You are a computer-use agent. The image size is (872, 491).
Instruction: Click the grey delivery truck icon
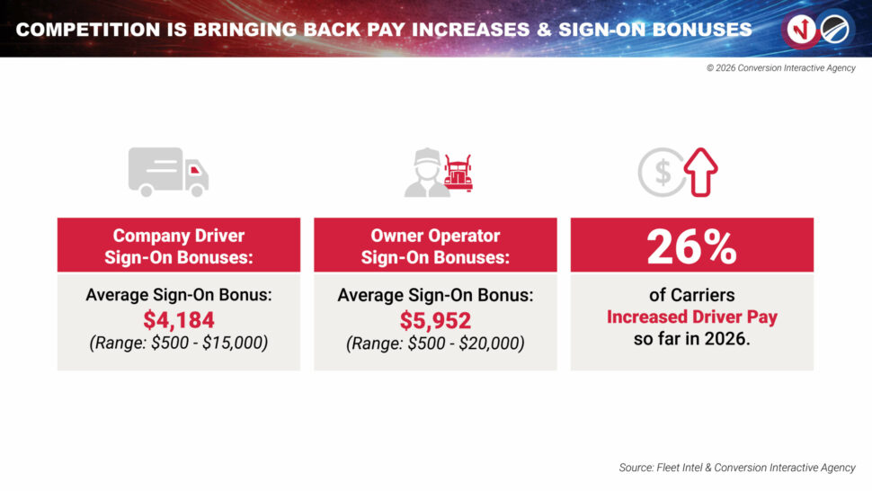click(168, 172)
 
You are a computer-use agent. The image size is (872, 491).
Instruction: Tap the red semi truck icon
click(458, 173)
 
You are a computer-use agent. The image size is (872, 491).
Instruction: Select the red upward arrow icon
click(700, 172)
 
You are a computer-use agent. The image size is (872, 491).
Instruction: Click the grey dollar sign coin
click(662, 172)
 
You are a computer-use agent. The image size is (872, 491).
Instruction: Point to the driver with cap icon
click(426, 173)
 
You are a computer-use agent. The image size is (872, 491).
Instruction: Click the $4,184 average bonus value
click(179, 320)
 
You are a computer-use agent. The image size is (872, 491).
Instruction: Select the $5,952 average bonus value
click(435, 320)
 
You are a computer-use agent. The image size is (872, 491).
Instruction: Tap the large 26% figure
click(692, 247)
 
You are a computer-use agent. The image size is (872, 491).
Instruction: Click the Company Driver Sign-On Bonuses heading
click(179, 246)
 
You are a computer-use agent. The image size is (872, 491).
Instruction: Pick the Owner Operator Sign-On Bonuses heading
click(435, 246)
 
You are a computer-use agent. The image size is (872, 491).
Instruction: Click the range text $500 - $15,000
click(179, 343)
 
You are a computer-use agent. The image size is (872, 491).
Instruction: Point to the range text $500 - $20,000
click(435, 344)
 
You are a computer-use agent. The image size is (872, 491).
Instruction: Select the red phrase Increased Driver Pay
click(692, 317)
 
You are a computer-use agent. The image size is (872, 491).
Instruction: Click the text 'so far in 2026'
click(692, 339)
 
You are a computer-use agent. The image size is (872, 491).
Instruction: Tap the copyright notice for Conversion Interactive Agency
click(781, 67)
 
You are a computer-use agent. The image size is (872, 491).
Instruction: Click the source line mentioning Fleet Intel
click(737, 468)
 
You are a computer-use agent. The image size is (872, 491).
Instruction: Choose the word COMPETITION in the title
click(88, 30)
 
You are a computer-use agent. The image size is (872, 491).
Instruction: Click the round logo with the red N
click(801, 29)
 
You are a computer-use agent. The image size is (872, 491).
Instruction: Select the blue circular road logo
click(835, 29)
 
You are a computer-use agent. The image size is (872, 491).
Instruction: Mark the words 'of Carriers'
click(692, 295)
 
